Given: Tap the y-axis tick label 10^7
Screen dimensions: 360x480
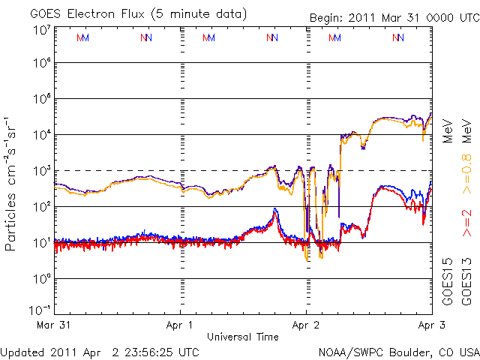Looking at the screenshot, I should click(40, 30).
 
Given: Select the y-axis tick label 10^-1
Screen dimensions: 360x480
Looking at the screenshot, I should click(40, 310).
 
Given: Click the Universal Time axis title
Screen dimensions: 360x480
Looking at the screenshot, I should click(243, 337).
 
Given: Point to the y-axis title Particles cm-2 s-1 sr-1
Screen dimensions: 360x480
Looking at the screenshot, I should click(13, 183).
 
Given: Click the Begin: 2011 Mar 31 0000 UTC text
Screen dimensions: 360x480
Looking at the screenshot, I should click(394, 18).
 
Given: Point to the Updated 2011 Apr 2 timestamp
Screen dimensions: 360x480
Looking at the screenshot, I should click(100, 351).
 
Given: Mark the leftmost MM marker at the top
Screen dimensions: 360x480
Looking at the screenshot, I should click(83, 37).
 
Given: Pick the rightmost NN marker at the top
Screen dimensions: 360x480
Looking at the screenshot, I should click(397, 37).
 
